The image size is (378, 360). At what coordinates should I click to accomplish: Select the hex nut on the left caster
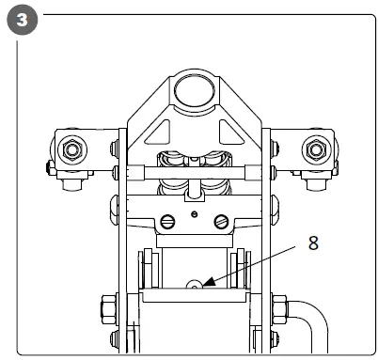[71, 149]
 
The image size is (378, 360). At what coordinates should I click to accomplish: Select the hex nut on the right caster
[315, 149]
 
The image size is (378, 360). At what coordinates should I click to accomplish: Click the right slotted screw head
[221, 223]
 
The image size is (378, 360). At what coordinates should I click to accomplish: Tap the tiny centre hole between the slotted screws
[194, 215]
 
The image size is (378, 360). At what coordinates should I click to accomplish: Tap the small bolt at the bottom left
[114, 339]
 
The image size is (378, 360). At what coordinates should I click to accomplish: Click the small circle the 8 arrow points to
[195, 284]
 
